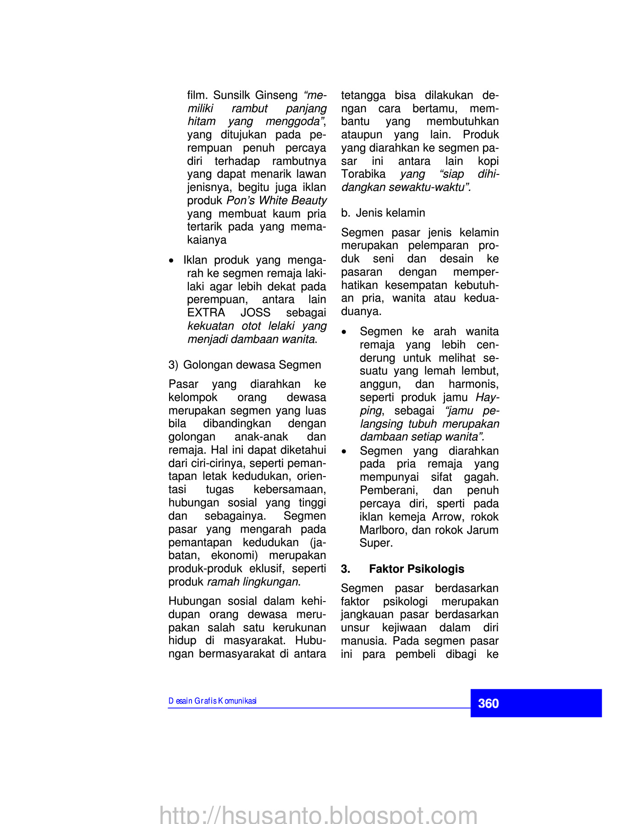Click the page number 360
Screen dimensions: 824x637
tap(488, 703)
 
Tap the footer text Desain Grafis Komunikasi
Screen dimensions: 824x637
tap(212, 701)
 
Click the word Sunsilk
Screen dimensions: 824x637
tap(232, 95)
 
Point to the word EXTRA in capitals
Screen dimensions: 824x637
tap(206, 313)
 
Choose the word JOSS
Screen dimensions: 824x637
tap(255, 313)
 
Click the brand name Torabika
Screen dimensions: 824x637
tap(363, 174)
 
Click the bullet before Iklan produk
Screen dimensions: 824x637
tap(171, 261)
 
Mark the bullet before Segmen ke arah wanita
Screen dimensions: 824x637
tap(344, 332)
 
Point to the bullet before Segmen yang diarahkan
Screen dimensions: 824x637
tap(344, 451)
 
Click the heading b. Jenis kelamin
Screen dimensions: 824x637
tap(383, 213)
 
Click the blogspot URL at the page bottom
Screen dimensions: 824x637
tap(318, 814)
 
